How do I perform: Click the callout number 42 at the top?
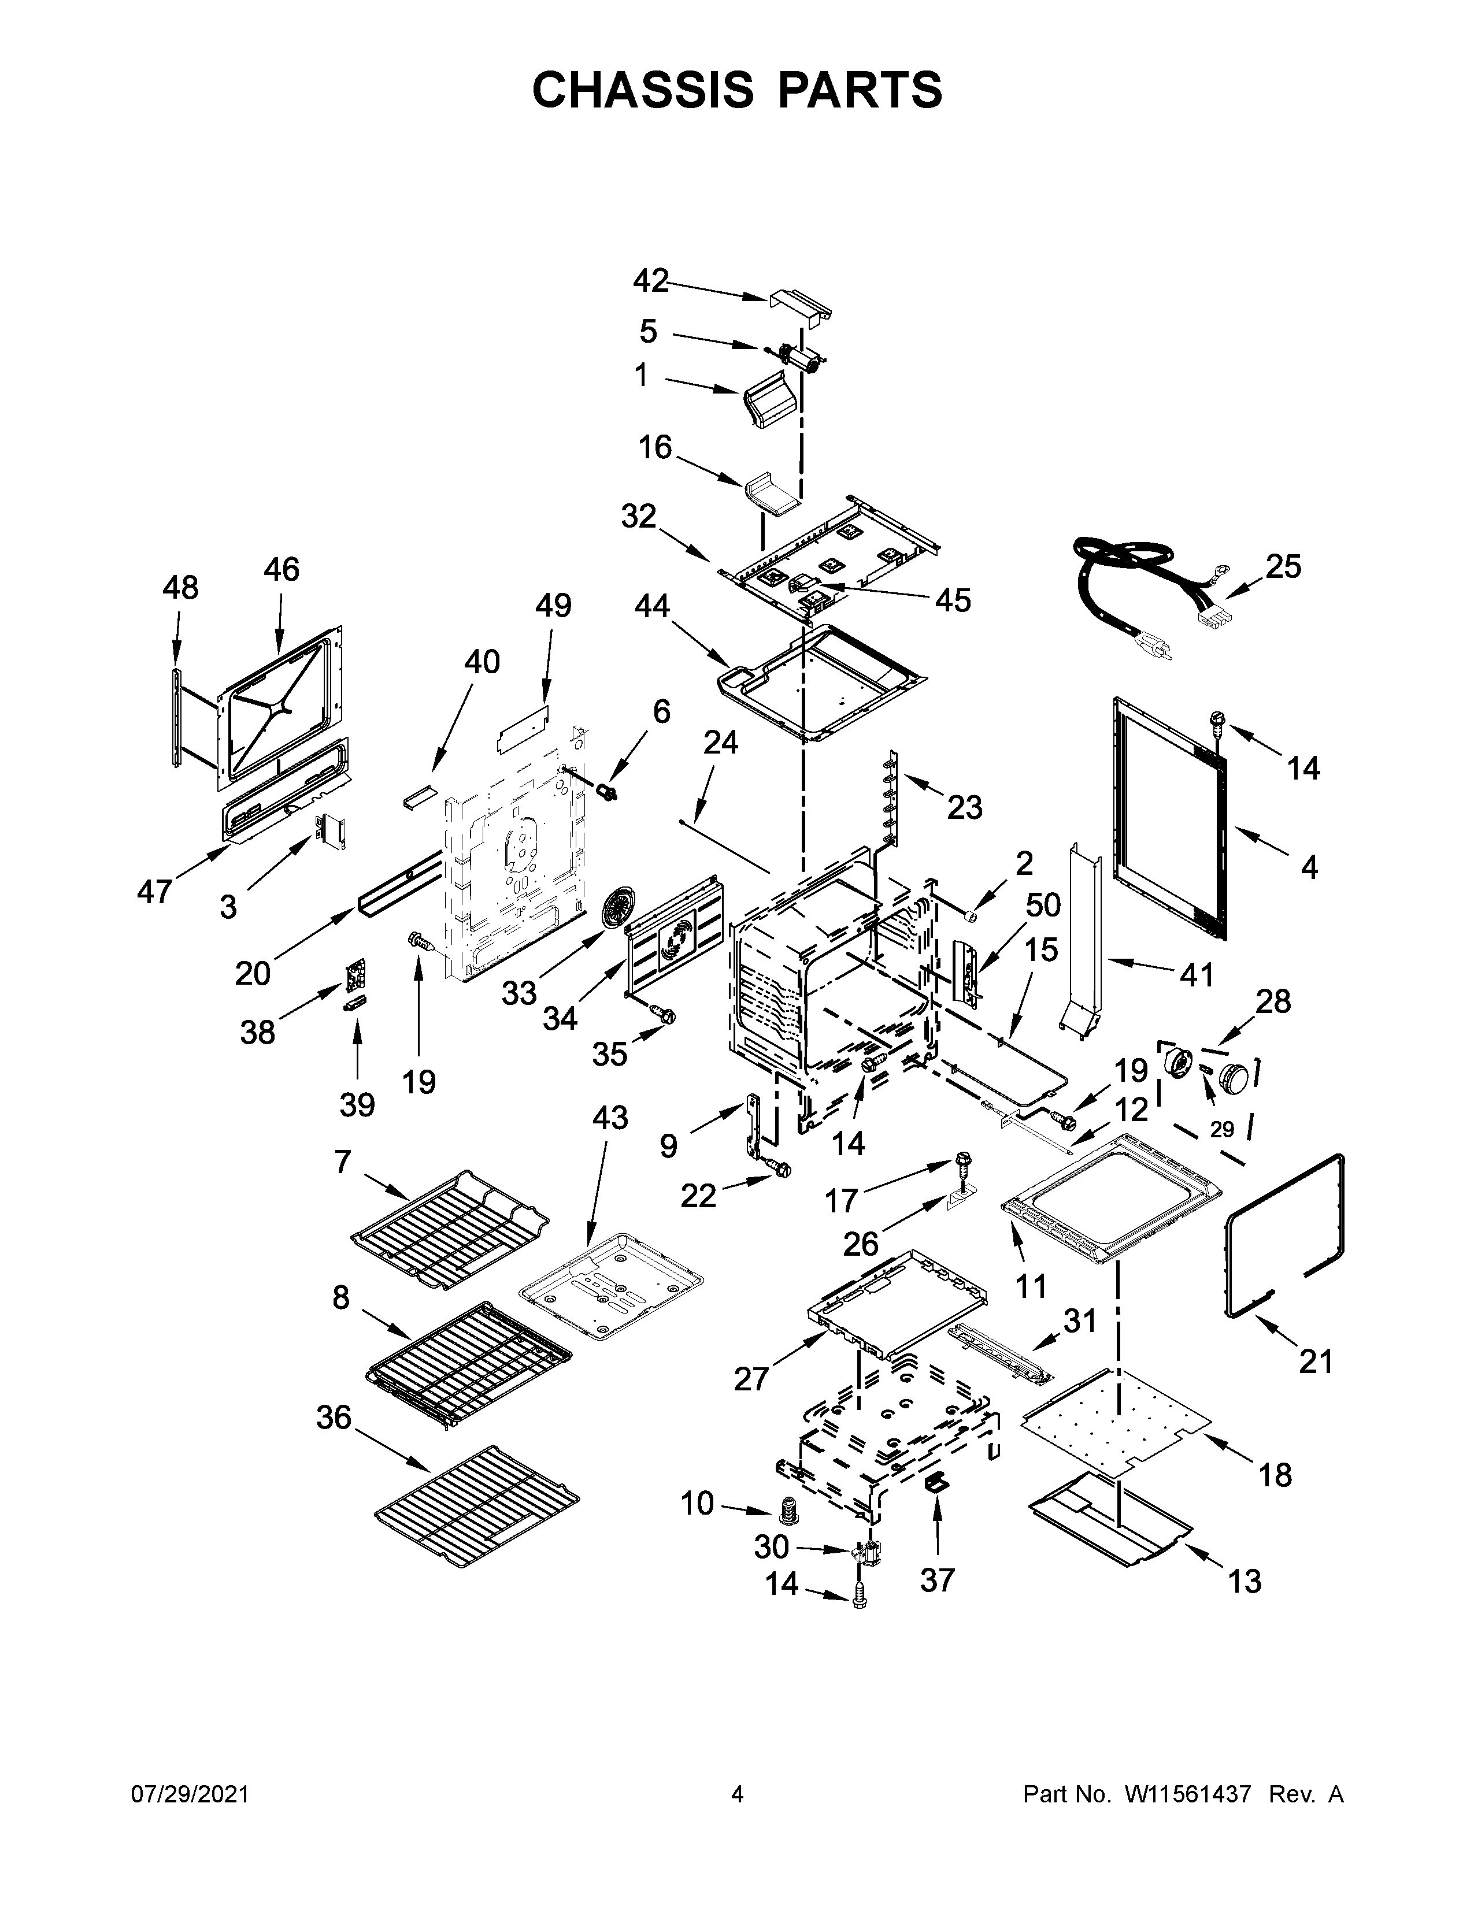tap(650, 281)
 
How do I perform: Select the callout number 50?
tap(1043, 906)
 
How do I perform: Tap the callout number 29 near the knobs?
tap(1221, 1129)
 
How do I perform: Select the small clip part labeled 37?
tap(936, 1481)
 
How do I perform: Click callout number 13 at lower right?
tap(1245, 1580)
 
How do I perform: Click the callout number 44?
tap(651, 605)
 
